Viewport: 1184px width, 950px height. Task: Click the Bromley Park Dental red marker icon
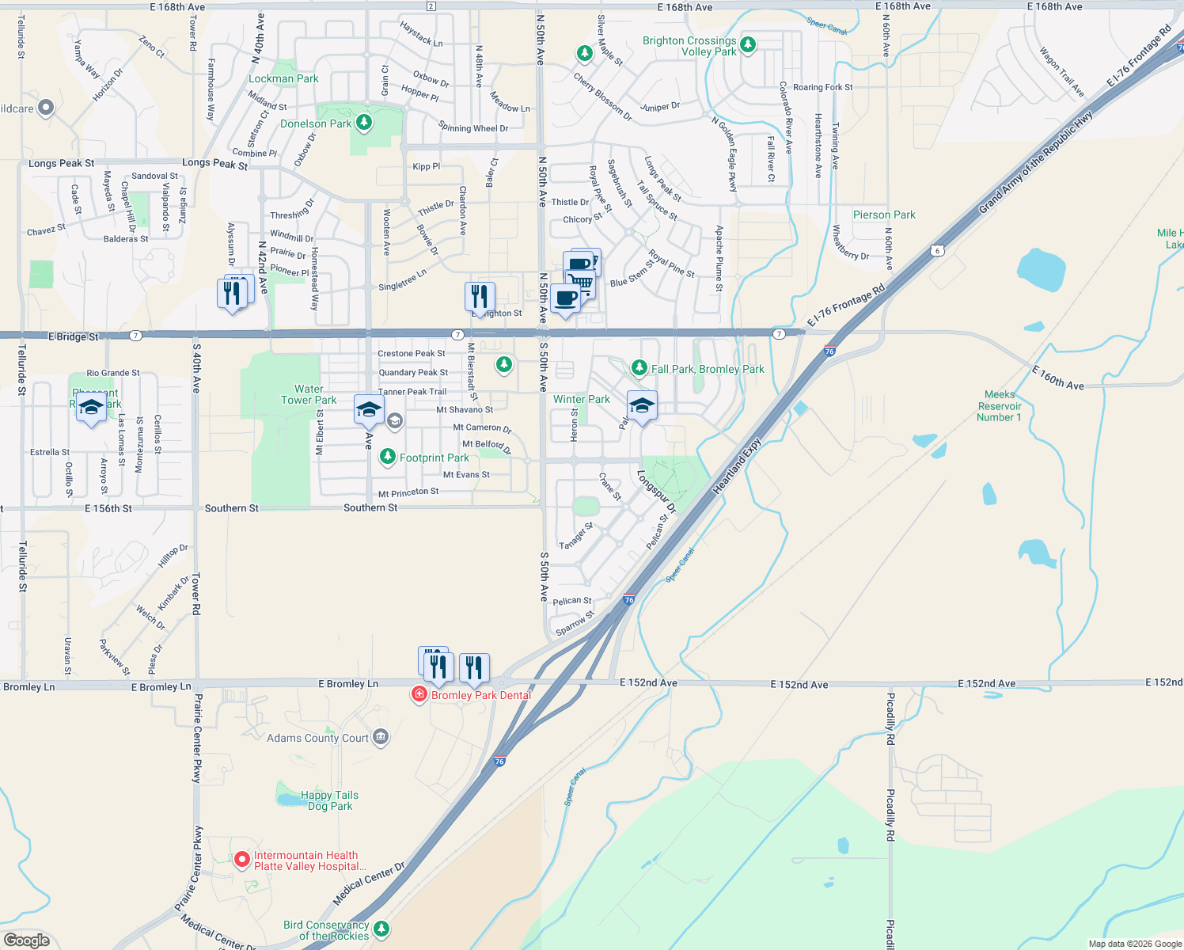[419, 694]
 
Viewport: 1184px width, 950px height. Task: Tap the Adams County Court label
[317, 738]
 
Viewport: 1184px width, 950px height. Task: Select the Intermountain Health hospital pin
[242, 859]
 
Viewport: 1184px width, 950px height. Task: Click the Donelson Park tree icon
[364, 122]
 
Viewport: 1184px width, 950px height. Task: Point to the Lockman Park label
[283, 78]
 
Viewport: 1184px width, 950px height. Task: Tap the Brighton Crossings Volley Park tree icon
[748, 44]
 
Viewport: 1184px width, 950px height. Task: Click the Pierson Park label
[884, 215]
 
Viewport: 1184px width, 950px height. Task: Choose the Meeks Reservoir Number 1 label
[999, 406]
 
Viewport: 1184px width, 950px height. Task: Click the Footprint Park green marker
[387, 456]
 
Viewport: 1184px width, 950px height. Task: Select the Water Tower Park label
[309, 394]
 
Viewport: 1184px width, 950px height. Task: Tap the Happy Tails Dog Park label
[330, 800]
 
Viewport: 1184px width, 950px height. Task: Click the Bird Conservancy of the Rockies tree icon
[381, 928]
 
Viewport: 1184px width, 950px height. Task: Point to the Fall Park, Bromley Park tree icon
[639, 368]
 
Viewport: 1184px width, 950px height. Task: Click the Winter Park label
[582, 399]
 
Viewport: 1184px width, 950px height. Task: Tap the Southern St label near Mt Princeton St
[370, 507]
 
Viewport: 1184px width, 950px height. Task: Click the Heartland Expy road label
[737, 466]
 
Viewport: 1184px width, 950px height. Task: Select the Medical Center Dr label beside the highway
[369, 884]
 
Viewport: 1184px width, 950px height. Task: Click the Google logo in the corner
[27, 940]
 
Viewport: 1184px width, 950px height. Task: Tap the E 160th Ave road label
[1058, 378]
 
